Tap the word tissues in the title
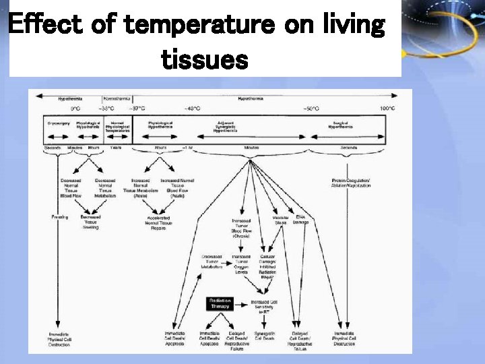205,61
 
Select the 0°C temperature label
75,108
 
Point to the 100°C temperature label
387,108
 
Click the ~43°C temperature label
193,108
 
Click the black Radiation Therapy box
220,303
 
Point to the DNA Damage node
300,219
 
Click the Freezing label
59,216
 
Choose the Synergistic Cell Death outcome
265,336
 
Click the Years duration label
116,148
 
